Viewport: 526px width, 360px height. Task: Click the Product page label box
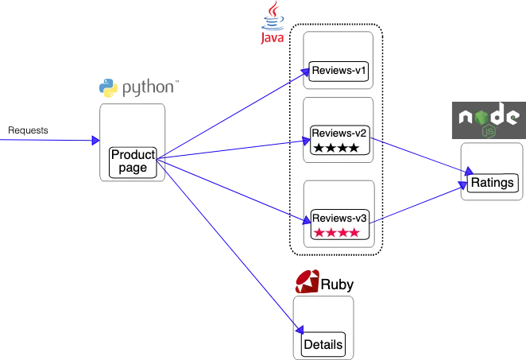tap(132, 161)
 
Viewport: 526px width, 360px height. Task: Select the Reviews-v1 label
tap(339, 72)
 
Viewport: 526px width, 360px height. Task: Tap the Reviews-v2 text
tap(339, 133)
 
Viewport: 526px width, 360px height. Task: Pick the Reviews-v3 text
tap(339, 218)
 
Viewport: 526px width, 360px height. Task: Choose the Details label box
tap(323, 345)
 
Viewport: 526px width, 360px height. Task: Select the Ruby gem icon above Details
tap(307, 282)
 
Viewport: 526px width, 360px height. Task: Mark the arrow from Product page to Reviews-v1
tap(230, 116)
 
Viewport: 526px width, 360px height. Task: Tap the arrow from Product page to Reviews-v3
tap(230, 190)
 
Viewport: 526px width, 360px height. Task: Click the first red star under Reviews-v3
tap(319, 233)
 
